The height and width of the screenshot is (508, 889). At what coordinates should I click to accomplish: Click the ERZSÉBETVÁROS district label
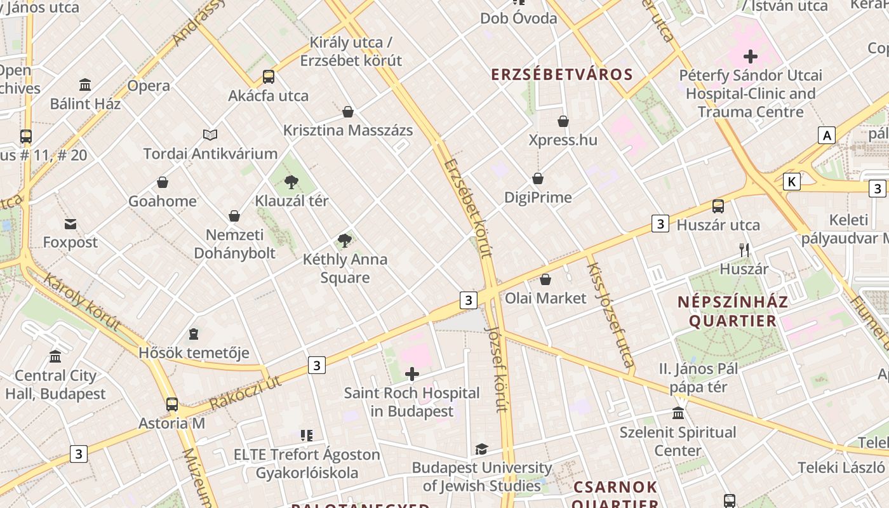point(562,74)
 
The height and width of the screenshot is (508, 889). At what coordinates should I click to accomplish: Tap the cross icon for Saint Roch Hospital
point(412,374)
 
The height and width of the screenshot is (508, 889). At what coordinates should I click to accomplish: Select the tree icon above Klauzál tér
point(291,182)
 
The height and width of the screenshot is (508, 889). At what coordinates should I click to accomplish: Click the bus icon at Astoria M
point(172,404)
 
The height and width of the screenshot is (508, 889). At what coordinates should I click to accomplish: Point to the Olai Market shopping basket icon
point(545,279)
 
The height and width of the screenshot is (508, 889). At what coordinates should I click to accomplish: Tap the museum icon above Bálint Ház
point(85,84)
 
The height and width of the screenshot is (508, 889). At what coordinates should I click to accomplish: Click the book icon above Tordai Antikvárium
point(210,135)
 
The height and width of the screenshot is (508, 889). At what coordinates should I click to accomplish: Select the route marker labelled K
point(791,182)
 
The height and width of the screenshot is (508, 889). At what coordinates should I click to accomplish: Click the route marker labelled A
point(826,135)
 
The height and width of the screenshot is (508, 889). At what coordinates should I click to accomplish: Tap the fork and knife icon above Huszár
point(744,250)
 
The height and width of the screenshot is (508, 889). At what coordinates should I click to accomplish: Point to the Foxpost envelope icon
point(70,224)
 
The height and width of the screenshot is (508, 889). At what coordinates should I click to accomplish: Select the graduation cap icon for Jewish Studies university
point(482,450)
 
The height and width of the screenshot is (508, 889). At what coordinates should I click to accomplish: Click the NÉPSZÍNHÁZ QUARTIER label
point(733,311)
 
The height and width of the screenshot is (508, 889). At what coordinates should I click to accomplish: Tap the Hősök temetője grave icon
point(194,334)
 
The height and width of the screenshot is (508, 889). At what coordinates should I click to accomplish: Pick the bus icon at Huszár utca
point(718,206)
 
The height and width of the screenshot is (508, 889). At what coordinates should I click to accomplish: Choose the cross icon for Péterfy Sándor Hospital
point(751,57)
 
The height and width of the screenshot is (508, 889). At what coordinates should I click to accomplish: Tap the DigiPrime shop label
point(538,197)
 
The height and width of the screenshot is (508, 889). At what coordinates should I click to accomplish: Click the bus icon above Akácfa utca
point(269,77)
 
